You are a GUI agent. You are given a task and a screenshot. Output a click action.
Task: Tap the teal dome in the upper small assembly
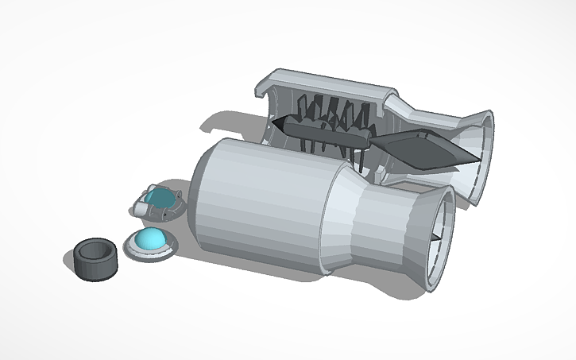[x=160, y=198]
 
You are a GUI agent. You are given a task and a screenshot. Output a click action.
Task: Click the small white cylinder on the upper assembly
[x=142, y=207]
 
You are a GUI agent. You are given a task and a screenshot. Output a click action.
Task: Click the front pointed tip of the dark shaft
[x=275, y=122]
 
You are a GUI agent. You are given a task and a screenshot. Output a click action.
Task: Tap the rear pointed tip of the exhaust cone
[x=478, y=162]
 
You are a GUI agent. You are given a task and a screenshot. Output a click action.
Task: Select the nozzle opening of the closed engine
[x=437, y=238]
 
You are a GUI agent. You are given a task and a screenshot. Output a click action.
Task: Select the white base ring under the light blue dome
[x=149, y=252]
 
